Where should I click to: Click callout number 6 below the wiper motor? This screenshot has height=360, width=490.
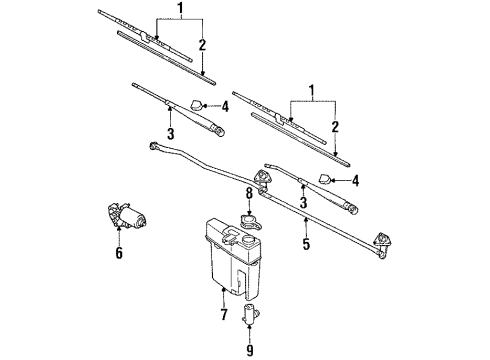119,253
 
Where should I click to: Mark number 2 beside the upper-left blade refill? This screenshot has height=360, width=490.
203,46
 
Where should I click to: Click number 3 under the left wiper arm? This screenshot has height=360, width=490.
171,133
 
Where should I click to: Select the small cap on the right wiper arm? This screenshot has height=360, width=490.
328,180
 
